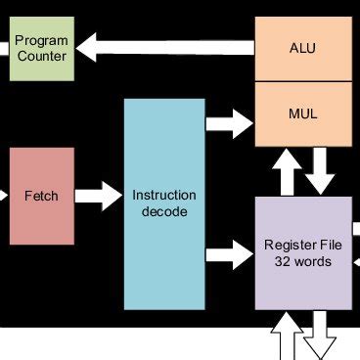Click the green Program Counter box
(41, 48)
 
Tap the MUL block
(302, 113)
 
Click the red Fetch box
(41, 196)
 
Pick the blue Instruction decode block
(164, 202)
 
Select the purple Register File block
(302, 252)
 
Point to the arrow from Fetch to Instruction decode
(98, 196)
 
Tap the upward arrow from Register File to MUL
(287, 173)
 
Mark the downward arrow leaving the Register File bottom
(319, 337)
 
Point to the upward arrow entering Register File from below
(287, 337)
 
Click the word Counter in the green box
(42, 57)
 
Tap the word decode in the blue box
(164, 211)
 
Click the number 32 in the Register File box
(285, 261)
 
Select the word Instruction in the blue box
(164, 195)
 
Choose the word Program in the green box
(42, 40)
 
